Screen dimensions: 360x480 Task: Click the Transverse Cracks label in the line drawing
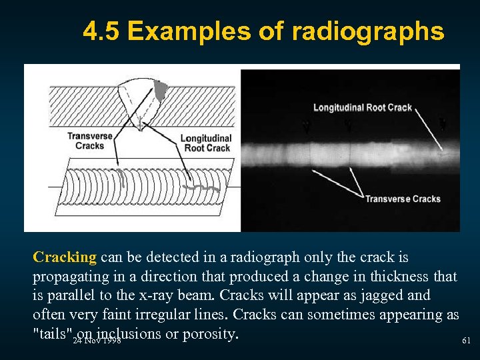tap(85, 141)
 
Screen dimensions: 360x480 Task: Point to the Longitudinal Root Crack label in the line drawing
tap(206, 143)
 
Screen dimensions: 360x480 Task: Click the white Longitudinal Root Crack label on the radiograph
tap(362, 107)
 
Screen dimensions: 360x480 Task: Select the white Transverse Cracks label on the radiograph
tap(403, 199)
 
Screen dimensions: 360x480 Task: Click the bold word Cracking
tap(65, 257)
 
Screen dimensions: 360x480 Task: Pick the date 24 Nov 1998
tap(97, 341)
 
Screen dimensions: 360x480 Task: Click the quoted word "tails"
tap(52, 333)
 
